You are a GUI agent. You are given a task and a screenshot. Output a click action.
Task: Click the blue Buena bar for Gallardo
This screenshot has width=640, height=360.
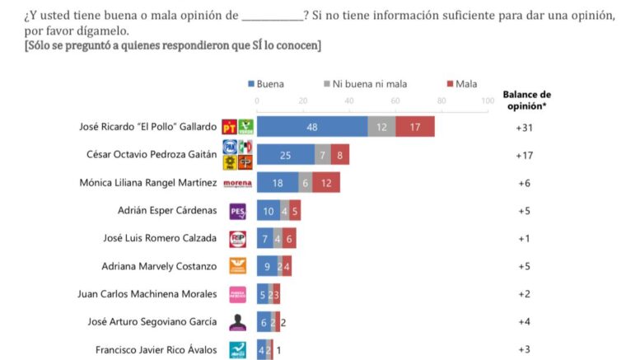click(312, 126)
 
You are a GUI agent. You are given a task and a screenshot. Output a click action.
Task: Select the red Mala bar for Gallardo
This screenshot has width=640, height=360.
click(415, 126)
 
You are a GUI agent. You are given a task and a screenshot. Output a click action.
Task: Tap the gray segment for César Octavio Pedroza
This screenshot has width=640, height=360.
click(323, 154)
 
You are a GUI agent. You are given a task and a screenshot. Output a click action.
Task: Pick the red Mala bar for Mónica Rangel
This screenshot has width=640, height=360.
click(326, 183)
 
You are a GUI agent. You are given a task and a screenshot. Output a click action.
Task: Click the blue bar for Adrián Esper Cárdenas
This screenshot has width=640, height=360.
click(269, 211)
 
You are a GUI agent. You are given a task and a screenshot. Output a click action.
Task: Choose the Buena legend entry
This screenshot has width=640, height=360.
click(265, 83)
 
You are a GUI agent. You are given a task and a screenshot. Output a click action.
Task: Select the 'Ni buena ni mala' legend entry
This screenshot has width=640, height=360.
click(366, 83)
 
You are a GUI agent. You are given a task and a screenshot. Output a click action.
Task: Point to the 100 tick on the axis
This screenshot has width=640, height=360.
click(488, 101)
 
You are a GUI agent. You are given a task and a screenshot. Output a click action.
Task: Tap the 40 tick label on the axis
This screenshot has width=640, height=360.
click(349, 101)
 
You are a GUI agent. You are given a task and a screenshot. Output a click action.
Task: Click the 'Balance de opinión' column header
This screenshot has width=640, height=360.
click(526, 100)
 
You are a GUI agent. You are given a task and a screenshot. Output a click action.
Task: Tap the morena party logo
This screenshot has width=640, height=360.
click(237, 183)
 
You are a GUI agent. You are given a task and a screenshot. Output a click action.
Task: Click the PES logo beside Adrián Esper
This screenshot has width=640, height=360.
click(237, 211)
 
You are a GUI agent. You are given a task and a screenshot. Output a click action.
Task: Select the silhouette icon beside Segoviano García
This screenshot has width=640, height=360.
click(237, 321)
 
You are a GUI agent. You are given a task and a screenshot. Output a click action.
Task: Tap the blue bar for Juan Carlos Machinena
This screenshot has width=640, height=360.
click(263, 294)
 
